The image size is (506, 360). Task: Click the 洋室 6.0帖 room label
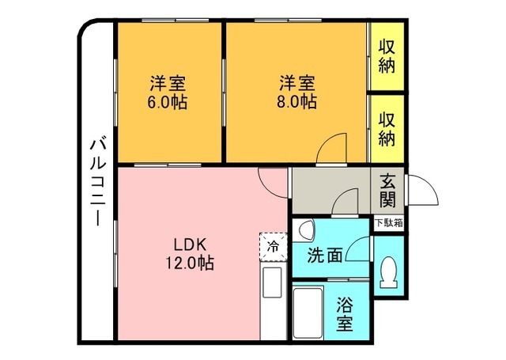pyautogui.click(x=168, y=93)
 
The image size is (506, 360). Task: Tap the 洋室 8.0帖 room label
pyautogui.click(x=297, y=93)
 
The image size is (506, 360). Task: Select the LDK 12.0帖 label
pyautogui.click(x=190, y=254)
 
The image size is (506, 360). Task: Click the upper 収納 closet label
pyautogui.click(x=387, y=56)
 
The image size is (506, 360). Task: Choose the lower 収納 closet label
pyautogui.click(x=387, y=129)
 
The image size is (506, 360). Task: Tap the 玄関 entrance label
pyautogui.click(x=387, y=191)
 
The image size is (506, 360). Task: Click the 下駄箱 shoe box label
pyautogui.click(x=389, y=223)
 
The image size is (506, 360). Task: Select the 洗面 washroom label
pyautogui.click(x=325, y=256)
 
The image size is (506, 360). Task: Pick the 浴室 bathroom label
pyautogui.click(x=345, y=314)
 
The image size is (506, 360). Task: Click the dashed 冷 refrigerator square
pyautogui.click(x=274, y=247)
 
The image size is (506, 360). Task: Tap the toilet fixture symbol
pyautogui.click(x=388, y=272)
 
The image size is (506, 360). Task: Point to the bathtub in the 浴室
pyautogui.click(x=308, y=313)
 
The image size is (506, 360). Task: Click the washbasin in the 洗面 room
pyautogui.click(x=304, y=230)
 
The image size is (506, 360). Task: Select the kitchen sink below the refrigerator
pyautogui.click(x=273, y=282)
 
